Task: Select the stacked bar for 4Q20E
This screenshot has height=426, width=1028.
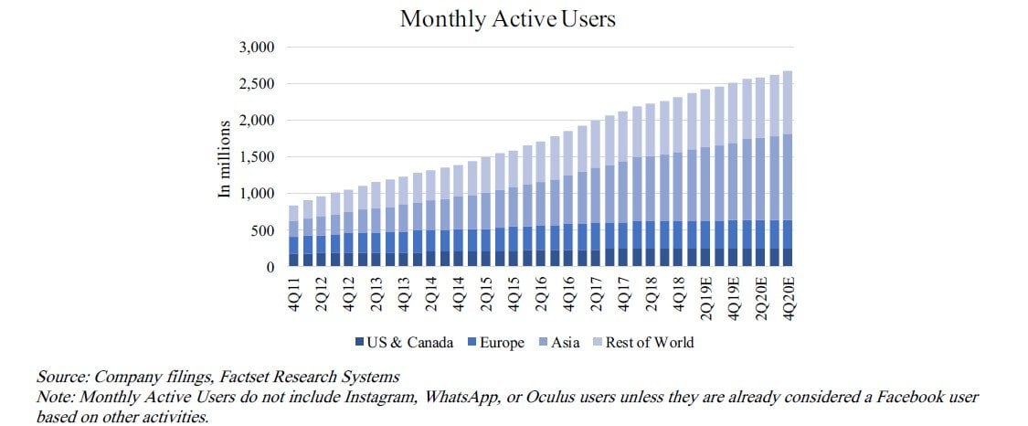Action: tap(788, 169)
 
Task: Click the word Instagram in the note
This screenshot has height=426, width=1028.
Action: tap(350, 398)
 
